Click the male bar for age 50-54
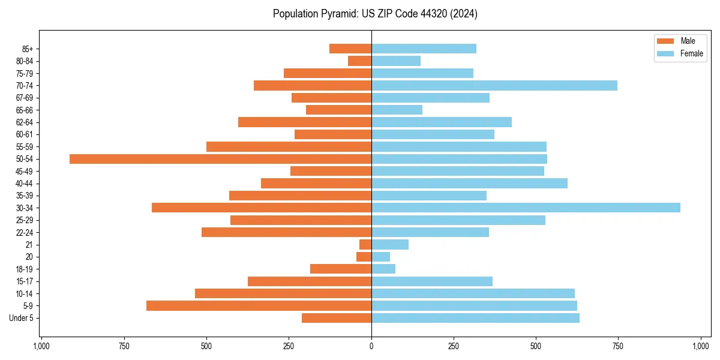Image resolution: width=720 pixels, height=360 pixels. point(220,159)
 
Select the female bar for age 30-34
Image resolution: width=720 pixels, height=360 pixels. point(526,208)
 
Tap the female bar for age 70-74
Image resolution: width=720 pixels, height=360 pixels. point(494,86)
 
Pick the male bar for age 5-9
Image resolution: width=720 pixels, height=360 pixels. point(259,305)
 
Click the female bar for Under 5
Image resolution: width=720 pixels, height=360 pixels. point(475,318)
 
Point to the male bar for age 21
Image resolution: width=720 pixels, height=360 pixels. point(365,245)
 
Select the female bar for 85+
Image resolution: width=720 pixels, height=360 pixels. point(424,49)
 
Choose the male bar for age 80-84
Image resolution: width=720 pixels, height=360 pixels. point(359,61)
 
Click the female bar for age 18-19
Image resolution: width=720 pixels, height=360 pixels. point(383,269)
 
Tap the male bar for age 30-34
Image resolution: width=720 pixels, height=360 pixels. point(262,208)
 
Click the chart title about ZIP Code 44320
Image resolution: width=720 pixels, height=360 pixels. point(375,14)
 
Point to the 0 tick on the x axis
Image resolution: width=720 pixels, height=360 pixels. point(371,346)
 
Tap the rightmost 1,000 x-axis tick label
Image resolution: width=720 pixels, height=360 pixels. point(701,346)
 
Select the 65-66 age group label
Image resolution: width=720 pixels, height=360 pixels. point(25,110)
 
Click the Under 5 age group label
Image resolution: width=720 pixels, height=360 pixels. point(21,318)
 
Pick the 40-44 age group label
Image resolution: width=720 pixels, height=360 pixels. point(25,184)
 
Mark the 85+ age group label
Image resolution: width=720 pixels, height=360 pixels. point(27,49)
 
